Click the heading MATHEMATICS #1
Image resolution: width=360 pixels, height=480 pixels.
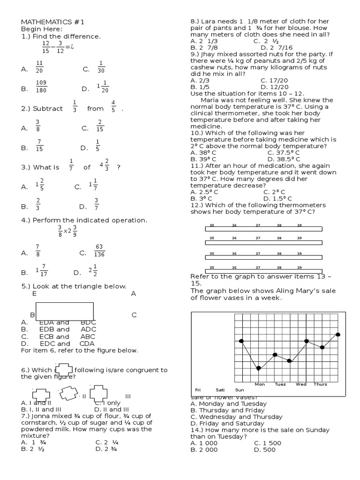click(52, 22)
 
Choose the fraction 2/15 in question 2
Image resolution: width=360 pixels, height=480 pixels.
click(100, 126)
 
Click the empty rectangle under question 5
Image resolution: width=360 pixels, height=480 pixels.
click(64, 311)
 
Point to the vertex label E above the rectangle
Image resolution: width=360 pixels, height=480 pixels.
click(34, 294)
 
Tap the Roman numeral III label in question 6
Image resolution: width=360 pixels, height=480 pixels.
click(127, 397)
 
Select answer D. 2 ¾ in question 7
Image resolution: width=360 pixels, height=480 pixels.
click(106, 449)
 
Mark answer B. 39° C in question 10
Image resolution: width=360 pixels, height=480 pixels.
click(204, 159)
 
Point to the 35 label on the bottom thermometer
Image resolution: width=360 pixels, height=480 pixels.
click(211, 267)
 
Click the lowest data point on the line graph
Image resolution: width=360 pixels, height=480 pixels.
click(258, 368)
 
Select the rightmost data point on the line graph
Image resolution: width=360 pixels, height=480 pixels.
click(338, 334)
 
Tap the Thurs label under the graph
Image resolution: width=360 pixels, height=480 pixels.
click(320, 384)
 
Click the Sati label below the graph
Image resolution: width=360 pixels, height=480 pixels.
click(220, 390)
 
